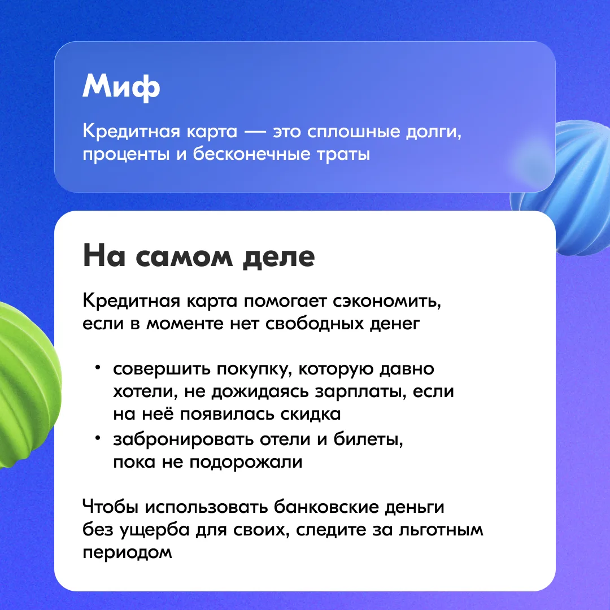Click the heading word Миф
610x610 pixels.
tap(121, 87)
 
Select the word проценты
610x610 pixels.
tap(126, 154)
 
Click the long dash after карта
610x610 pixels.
tap(255, 132)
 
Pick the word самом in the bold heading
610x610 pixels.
tap(184, 257)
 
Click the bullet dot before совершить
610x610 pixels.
tap(98, 367)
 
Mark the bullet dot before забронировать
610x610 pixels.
tap(98, 438)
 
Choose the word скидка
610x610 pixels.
tap(311, 414)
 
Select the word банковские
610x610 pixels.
tap(326, 507)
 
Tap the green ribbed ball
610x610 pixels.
tap(25, 385)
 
